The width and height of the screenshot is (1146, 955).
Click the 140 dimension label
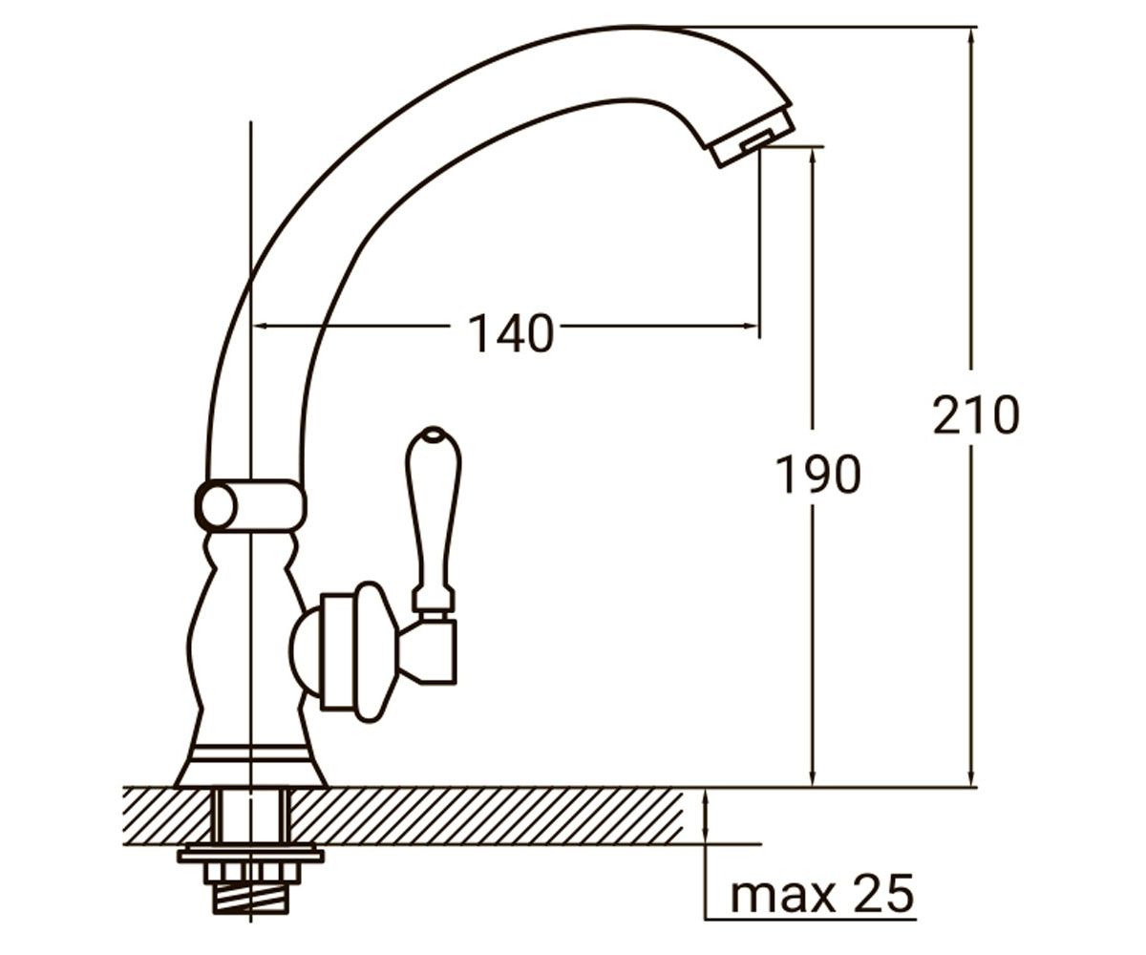(x=510, y=333)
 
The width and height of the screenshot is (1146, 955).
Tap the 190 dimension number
(x=817, y=475)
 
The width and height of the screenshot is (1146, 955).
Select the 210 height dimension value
(x=976, y=414)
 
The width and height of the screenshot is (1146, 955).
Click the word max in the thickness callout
(x=781, y=897)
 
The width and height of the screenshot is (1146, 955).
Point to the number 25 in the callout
(x=884, y=893)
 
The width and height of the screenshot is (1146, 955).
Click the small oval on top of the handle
(x=433, y=436)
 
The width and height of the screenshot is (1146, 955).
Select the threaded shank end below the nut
(x=250, y=899)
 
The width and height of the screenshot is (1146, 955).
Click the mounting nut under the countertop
(x=251, y=873)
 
